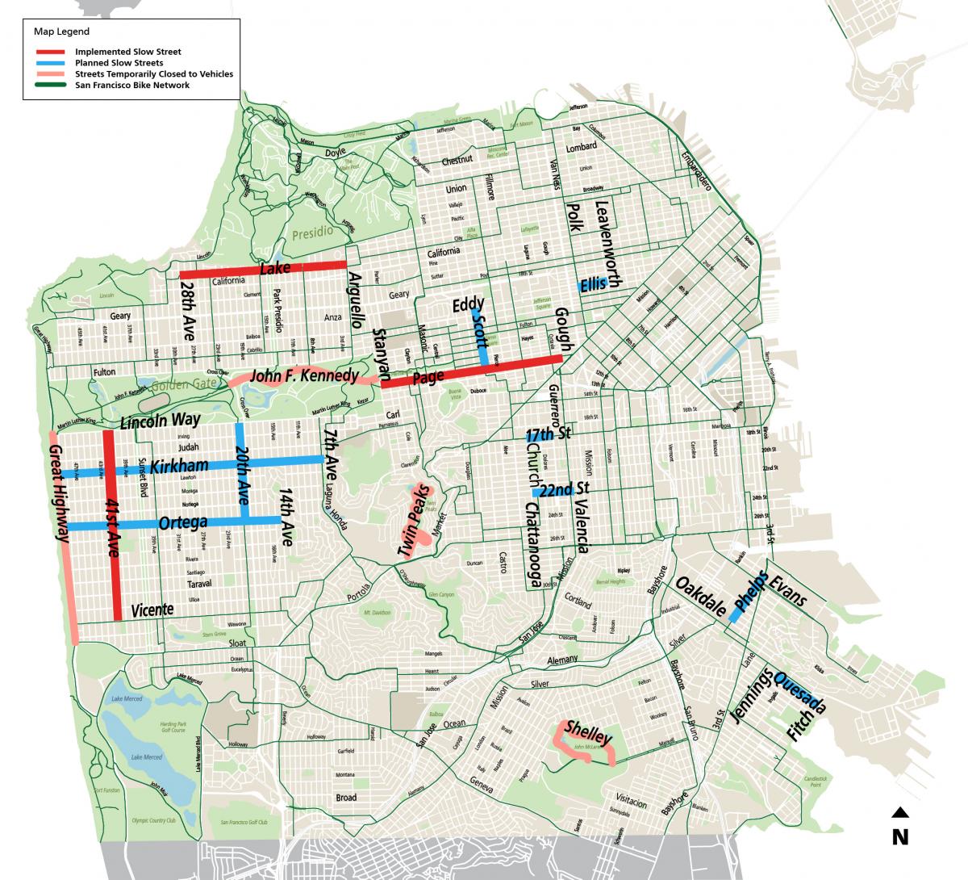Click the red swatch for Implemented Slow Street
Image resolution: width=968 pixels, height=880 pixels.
click(x=50, y=52)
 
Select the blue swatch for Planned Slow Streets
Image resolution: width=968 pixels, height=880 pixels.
click(x=50, y=62)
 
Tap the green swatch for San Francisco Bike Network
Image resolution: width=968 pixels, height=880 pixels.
click(x=50, y=85)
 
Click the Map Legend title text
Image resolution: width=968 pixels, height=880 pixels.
click(x=61, y=31)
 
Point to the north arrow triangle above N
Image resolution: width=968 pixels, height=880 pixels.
click(x=900, y=813)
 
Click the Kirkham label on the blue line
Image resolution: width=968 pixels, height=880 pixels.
click(x=179, y=466)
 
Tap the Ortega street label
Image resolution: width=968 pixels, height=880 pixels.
click(x=183, y=523)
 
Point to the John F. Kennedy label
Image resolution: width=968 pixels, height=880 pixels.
click(x=304, y=375)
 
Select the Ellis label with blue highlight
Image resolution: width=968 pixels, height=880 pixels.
click(x=593, y=284)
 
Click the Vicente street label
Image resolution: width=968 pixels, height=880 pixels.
click(x=152, y=610)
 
